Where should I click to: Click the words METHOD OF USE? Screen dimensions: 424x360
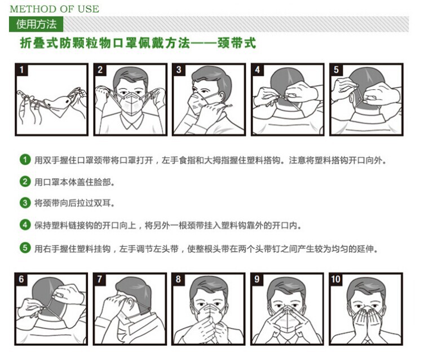point(54,9)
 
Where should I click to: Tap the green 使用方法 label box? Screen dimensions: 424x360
point(36,24)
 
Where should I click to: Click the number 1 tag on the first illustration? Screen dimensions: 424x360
point(21,69)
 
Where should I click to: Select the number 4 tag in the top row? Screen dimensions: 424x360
point(257,69)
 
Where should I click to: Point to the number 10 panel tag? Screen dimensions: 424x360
point(335,279)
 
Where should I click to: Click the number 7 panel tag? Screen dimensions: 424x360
point(100,279)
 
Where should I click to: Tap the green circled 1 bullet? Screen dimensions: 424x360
point(25,160)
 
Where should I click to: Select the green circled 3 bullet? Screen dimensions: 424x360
point(25,203)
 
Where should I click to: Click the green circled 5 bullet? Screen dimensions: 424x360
point(25,248)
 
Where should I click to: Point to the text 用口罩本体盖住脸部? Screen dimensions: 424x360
point(73,182)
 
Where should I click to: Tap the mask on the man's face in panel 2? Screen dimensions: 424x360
point(131,103)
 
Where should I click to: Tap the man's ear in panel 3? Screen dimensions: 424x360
point(222,96)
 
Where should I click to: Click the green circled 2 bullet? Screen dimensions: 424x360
point(25,181)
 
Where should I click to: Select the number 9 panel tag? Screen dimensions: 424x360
point(257,279)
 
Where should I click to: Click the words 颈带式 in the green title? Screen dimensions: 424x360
point(237,43)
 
